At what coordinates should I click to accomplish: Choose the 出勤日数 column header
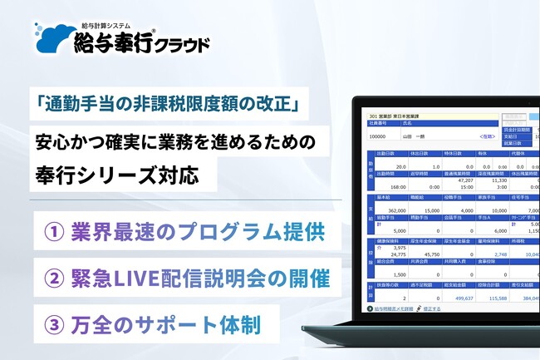pos(386,155)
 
